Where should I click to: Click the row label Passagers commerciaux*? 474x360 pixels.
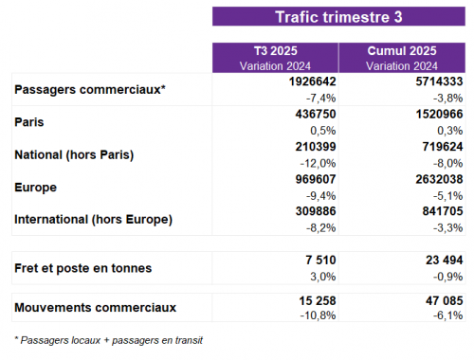coord(91,90)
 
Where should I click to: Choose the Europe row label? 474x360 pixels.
coord(37,188)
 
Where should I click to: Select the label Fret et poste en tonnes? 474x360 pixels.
coord(83,268)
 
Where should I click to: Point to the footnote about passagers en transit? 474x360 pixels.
coord(108,339)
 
